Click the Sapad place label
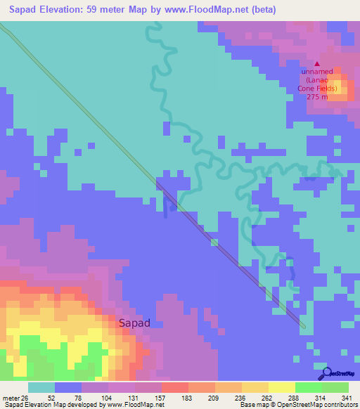133,323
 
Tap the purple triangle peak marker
316,63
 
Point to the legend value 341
347,397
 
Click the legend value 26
24,397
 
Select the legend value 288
295,397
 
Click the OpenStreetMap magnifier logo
326,374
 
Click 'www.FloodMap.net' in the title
205,10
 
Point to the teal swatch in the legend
41,387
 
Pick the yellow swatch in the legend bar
281,387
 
